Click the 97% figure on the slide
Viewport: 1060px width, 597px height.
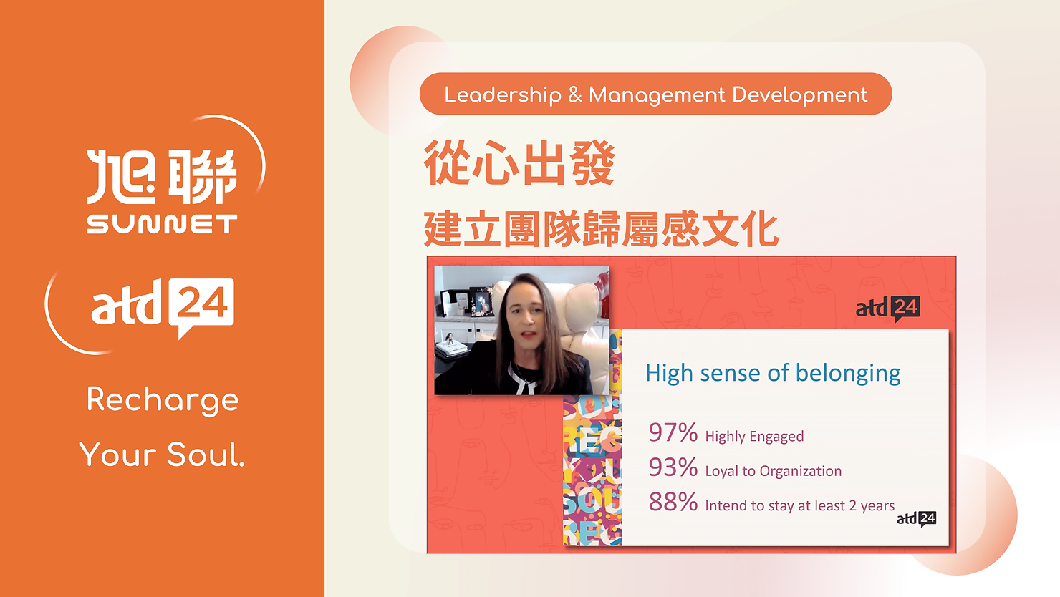673,432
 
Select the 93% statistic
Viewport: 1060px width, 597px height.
673,467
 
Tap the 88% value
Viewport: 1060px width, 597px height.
673,502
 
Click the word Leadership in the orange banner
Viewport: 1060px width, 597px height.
503,95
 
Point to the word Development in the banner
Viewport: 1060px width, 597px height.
800,95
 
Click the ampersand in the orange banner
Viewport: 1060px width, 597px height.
575,95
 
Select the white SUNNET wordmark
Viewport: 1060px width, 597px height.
162,224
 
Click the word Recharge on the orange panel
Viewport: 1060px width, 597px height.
163,400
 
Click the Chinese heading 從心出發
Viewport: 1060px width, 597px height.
519,163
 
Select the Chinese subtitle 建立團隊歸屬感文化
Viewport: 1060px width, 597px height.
601,230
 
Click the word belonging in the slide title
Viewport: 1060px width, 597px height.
848,374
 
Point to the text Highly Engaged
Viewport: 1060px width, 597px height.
754,436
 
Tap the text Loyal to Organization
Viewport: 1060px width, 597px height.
774,471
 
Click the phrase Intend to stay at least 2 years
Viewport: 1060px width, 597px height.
800,505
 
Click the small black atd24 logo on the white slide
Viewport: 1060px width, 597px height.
917,519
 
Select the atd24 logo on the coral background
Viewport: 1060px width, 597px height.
888,309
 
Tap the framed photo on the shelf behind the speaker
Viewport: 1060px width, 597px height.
481,301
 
